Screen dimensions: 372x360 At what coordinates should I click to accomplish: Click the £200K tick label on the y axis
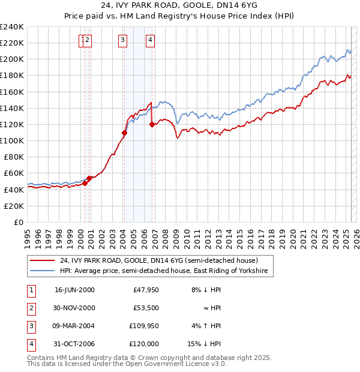pyautogui.click(x=11, y=59)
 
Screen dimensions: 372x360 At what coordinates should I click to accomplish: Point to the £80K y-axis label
pyautogui.click(x=13, y=157)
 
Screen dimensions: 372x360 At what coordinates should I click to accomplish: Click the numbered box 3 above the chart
pyautogui.click(x=122, y=40)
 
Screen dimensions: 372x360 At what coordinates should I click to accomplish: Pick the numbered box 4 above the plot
pyautogui.click(x=150, y=40)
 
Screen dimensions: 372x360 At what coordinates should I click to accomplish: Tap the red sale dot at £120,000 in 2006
pyautogui.click(x=152, y=125)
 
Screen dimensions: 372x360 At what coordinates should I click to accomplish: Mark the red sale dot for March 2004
pyautogui.click(x=124, y=133)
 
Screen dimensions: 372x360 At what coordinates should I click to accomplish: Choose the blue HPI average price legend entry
pyautogui.click(x=166, y=271)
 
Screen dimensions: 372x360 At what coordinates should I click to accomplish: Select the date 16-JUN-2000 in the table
pyautogui.click(x=74, y=290)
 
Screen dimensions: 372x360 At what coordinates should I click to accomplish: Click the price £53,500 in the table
pyautogui.click(x=146, y=308)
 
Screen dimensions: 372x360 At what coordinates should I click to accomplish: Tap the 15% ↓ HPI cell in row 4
pyautogui.click(x=205, y=344)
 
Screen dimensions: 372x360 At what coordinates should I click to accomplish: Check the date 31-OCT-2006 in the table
pyautogui.click(x=74, y=344)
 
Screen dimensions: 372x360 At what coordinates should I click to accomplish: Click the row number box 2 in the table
pyautogui.click(x=30, y=308)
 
